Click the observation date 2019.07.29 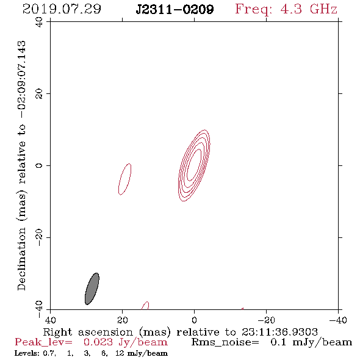(62, 9)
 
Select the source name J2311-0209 (175, 10)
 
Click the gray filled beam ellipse (92, 289)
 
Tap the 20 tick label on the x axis (123, 320)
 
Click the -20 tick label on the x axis (267, 320)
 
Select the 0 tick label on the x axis (194, 320)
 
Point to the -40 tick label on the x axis (338, 320)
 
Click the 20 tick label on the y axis (39, 94)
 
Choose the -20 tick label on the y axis (39, 237)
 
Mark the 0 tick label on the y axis (39, 165)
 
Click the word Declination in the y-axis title (21, 259)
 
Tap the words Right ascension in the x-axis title (88, 332)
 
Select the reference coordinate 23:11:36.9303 (279, 332)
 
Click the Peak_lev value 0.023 (98, 342)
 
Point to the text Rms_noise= (225, 342)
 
